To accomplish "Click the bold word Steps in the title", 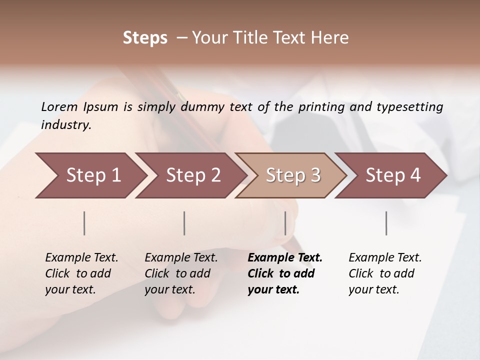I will click(x=145, y=38).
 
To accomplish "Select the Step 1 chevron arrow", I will click(x=90, y=175).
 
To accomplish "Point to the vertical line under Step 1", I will click(x=84, y=223).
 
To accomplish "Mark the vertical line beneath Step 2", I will click(x=184, y=223).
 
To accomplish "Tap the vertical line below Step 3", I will click(x=285, y=223).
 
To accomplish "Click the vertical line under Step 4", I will click(x=386, y=223).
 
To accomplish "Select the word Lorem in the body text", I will click(x=59, y=106).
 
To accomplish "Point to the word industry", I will click(x=66, y=124).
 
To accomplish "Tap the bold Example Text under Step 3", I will click(x=285, y=257).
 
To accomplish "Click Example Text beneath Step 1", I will click(x=81, y=257).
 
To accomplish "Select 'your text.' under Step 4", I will click(x=373, y=289).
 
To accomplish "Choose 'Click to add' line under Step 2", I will click(x=177, y=273).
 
